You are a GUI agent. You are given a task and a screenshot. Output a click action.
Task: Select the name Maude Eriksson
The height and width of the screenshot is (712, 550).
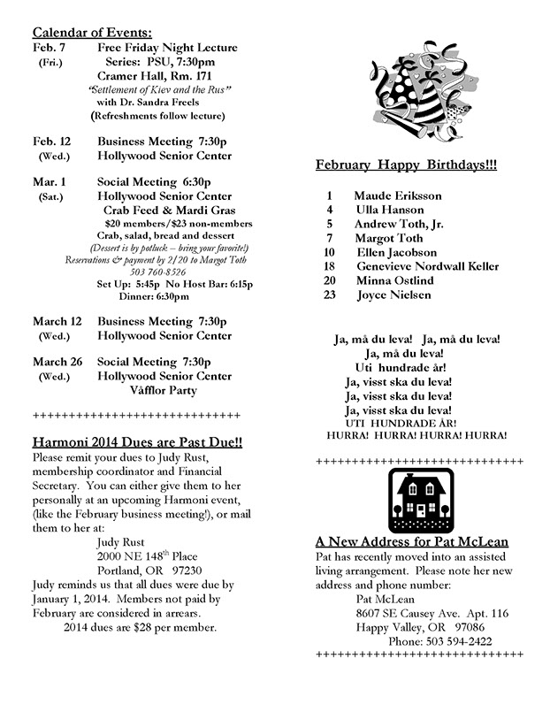tap(397, 195)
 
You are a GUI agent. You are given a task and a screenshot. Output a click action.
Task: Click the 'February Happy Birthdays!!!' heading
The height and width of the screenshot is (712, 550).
tap(406, 165)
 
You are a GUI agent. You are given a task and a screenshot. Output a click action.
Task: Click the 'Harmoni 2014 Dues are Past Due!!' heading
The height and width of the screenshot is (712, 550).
tap(137, 441)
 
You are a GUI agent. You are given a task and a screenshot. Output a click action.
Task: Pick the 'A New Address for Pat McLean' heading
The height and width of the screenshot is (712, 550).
tap(411, 541)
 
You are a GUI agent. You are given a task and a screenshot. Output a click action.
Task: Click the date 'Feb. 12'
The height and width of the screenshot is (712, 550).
tap(52, 142)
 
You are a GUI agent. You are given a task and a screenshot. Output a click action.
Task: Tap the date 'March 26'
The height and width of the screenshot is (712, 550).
tap(57, 362)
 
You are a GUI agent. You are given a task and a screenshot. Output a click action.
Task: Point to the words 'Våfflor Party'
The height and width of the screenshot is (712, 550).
tap(163, 390)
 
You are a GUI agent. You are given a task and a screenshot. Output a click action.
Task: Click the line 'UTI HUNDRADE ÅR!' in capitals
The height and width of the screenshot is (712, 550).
tap(412, 424)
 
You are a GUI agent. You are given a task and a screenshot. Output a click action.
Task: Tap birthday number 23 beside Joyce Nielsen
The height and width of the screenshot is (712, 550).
tap(329, 295)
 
